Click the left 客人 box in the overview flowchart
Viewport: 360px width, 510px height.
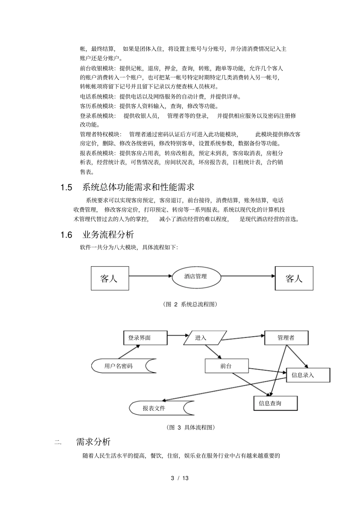click(110, 278)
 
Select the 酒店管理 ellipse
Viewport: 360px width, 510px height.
click(196, 276)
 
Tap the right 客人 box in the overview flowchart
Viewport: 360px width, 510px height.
click(294, 278)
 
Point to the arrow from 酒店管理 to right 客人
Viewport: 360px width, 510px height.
click(247, 276)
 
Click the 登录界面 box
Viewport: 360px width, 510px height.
click(145, 337)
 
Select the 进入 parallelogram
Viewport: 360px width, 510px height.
click(205, 337)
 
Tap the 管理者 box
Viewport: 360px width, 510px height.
click(286, 337)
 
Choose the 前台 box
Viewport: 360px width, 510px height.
click(226, 366)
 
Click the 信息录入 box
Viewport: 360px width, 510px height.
click(308, 375)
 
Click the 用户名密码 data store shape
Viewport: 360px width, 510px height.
click(123, 366)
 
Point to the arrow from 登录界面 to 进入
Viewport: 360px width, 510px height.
click(178, 335)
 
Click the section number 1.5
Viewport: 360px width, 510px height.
click(66, 187)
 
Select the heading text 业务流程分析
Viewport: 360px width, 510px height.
click(108, 235)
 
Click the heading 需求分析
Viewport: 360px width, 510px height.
click(93, 442)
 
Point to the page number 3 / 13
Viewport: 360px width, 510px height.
click(180, 478)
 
